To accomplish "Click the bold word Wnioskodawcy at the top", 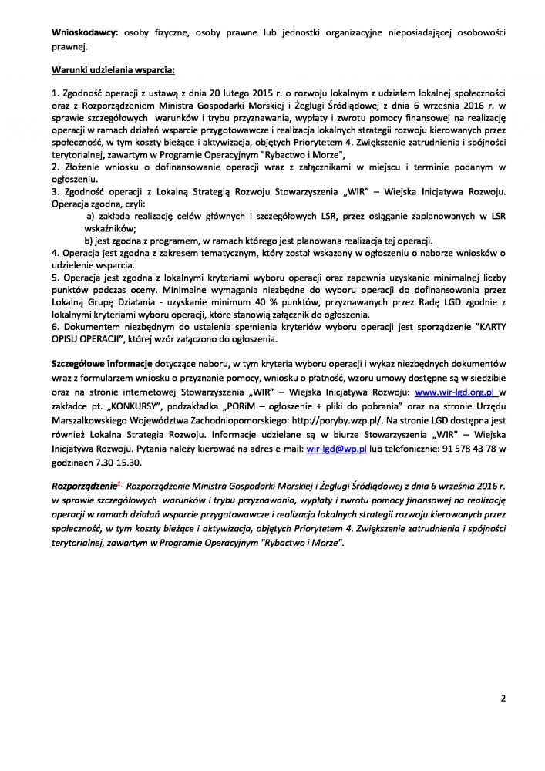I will click(85, 35).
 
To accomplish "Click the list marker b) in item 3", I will click(89, 241).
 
